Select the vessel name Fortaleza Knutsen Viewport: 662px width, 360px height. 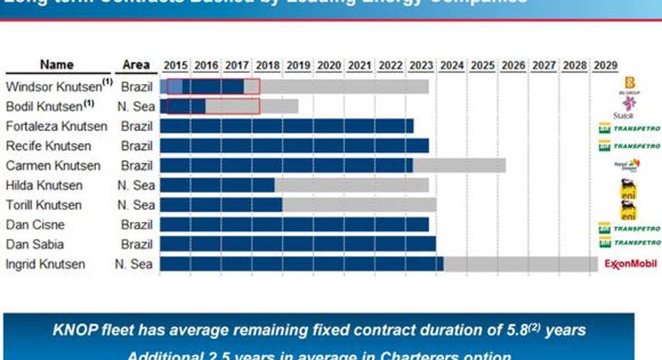coord(57,127)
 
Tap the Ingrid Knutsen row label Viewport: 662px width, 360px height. coord(46,265)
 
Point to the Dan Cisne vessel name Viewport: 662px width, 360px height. coord(35,225)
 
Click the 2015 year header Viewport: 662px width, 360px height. coord(176,65)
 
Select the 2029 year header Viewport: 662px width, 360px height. coord(605,65)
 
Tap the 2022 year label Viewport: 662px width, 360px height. coord(390,65)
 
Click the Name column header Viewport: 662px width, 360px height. coord(57,65)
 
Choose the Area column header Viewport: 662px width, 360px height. coord(136,65)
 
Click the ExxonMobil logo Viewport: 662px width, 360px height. coord(629,264)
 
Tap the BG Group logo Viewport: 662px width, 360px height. coord(629,85)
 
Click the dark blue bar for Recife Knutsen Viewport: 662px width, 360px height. coord(294,146)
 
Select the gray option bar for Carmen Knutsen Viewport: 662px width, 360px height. coord(459,166)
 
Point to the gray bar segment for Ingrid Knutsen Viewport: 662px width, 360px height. coord(520,264)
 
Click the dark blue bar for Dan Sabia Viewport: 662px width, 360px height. coord(298,244)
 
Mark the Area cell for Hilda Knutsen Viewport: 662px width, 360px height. coord(136,186)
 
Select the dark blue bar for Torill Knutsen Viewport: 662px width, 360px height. coord(221,205)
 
